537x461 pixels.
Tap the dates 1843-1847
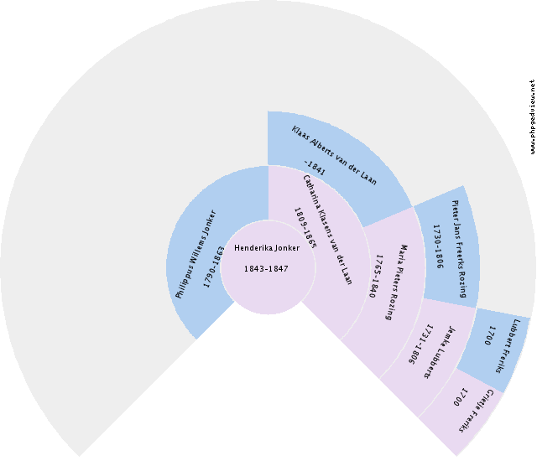[x=266, y=269]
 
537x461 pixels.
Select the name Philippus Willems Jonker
[x=196, y=256]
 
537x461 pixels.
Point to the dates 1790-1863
[x=214, y=267]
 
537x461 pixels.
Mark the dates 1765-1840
[x=377, y=277]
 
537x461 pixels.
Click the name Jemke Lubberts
[x=441, y=352]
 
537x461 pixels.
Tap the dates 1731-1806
[x=420, y=344]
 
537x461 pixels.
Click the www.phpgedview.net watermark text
[x=532, y=117]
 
